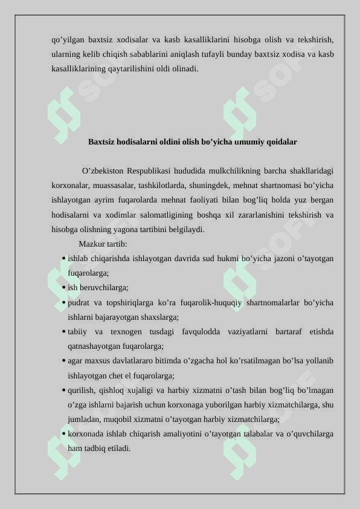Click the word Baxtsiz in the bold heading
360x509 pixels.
(x=102, y=142)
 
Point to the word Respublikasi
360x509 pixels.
(x=149, y=171)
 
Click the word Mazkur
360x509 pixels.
(x=91, y=244)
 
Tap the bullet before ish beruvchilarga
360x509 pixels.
(x=63, y=288)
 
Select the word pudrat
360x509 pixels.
(x=78, y=302)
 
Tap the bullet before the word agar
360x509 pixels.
(x=63, y=361)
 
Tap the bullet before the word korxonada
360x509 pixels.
(x=63, y=435)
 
